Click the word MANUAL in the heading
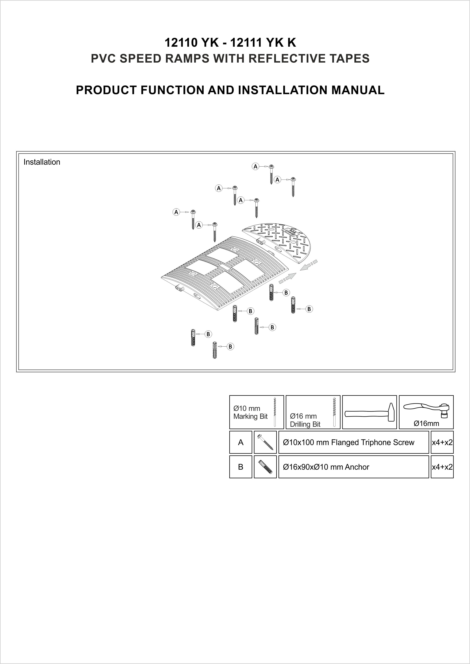[x=358, y=90]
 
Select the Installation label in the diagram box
[x=42, y=162]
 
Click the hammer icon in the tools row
[x=369, y=412]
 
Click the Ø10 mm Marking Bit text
[x=250, y=412]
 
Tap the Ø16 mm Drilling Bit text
[x=305, y=420]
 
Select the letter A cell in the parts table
[x=240, y=442]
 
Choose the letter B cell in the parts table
[x=240, y=467]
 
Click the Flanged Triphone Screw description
[x=349, y=442]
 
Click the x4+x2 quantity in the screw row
[x=442, y=442]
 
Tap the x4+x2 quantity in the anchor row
[x=442, y=467]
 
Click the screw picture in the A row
[x=265, y=442]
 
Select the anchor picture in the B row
[x=265, y=467]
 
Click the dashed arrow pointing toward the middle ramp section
[x=309, y=265]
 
